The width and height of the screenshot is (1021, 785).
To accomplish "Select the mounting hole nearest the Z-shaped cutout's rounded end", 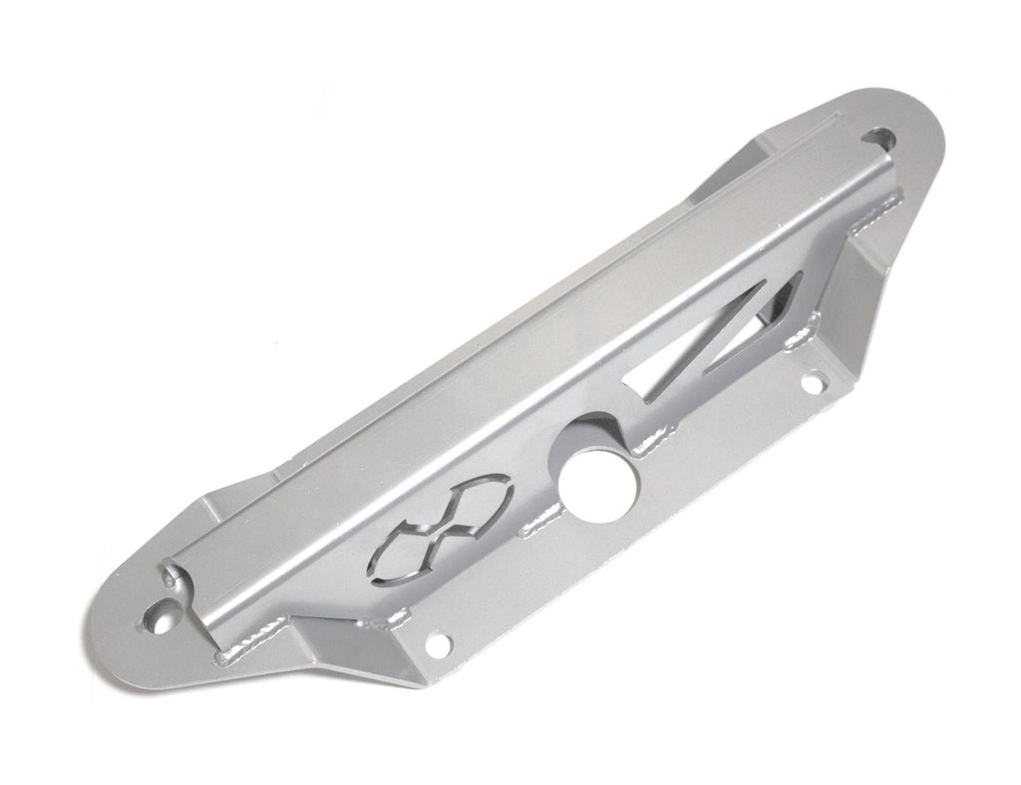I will (883, 137).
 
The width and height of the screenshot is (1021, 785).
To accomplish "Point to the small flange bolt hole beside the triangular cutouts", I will (814, 380).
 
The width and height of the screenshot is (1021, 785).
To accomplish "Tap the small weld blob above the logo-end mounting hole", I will (170, 578).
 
